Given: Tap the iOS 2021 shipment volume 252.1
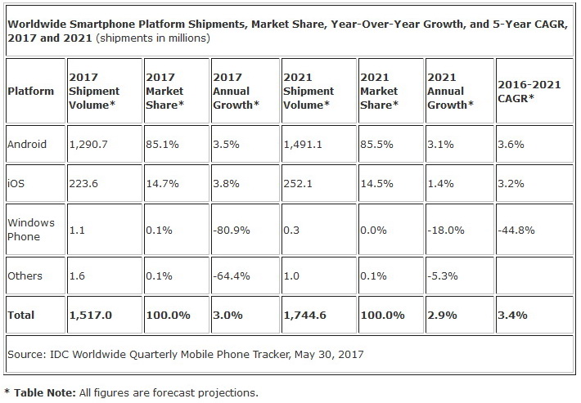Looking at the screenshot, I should (x=299, y=184).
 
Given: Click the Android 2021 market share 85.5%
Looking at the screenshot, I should (x=377, y=144).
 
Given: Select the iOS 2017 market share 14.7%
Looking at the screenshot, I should (x=162, y=184).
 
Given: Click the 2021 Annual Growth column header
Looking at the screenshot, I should (x=451, y=91).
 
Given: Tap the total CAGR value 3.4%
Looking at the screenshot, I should (x=514, y=315).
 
